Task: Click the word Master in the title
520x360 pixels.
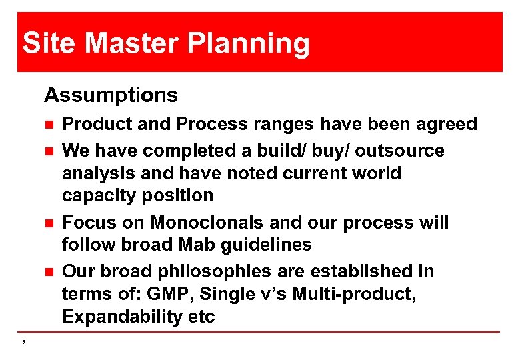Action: click(132, 43)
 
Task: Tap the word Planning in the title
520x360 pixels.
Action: click(249, 45)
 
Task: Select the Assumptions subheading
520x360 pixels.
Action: click(111, 95)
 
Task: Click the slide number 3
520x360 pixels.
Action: click(23, 342)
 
